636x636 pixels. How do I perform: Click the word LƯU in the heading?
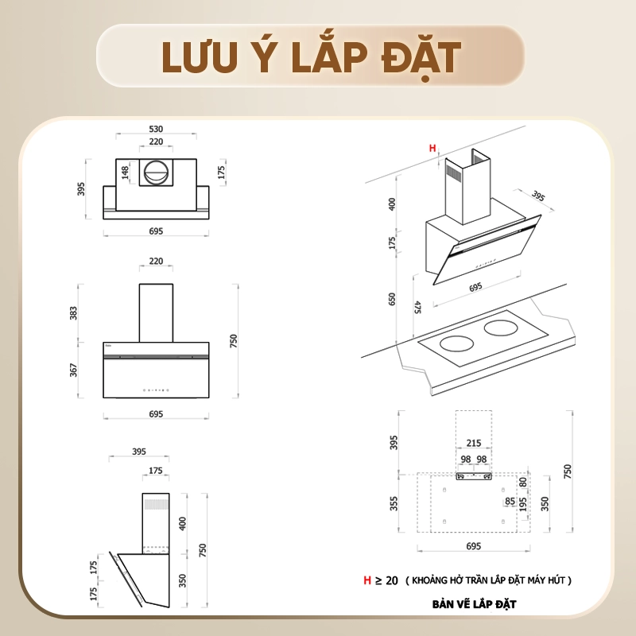click(199, 56)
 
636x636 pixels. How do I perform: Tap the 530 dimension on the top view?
click(156, 129)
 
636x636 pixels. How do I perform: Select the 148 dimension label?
click(125, 173)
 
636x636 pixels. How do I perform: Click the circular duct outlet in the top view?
click(156, 172)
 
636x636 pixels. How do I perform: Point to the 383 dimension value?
click(73, 313)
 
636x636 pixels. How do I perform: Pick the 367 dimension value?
click(73, 370)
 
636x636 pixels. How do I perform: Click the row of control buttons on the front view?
click(156, 390)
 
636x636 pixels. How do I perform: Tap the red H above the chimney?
click(432, 148)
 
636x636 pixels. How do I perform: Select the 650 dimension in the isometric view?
click(391, 299)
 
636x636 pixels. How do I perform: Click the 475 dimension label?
click(418, 307)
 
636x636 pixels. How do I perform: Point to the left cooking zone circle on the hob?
click(456, 345)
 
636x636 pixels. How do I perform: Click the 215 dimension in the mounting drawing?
click(474, 443)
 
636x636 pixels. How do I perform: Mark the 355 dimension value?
click(394, 503)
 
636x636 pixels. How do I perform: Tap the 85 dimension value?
click(510, 502)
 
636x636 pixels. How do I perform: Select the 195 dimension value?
click(523, 504)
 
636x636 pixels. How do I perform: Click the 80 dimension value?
click(523, 482)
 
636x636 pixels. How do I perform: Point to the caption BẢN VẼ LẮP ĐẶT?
click(474, 604)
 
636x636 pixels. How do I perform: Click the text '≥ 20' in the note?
click(386, 580)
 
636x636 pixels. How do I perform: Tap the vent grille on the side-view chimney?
click(156, 504)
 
